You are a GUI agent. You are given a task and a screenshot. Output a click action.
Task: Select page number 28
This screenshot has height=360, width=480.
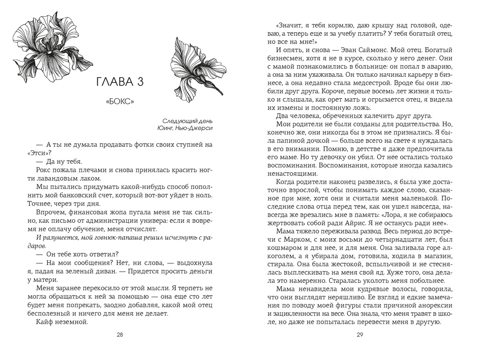click(120, 335)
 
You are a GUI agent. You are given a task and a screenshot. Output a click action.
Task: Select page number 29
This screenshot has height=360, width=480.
click(360, 335)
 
